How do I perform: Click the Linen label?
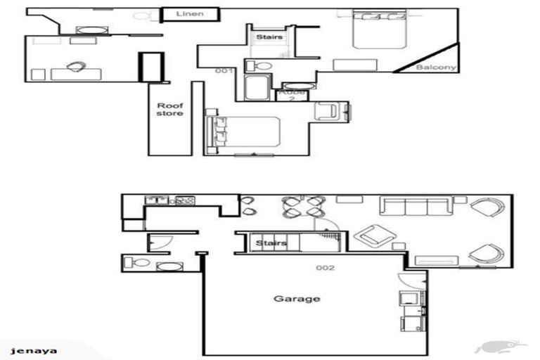click(x=190, y=14)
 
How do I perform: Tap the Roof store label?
click(x=169, y=108)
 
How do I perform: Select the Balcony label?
click(x=436, y=67)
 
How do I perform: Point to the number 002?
click(x=325, y=268)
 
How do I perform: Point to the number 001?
click(x=224, y=70)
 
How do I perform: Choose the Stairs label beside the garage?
click(x=271, y=243)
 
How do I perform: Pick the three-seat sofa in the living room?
click(x=416, y=206)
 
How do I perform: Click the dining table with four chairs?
click(x=304, y=207)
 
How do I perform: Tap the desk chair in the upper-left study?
click(x=75, y=67)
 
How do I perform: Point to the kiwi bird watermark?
click(x=500, y=346)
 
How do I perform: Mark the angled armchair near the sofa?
click(x=375, y=236)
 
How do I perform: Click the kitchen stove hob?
click(x=185, y=200)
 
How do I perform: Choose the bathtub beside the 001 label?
click(x=256, y=89)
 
